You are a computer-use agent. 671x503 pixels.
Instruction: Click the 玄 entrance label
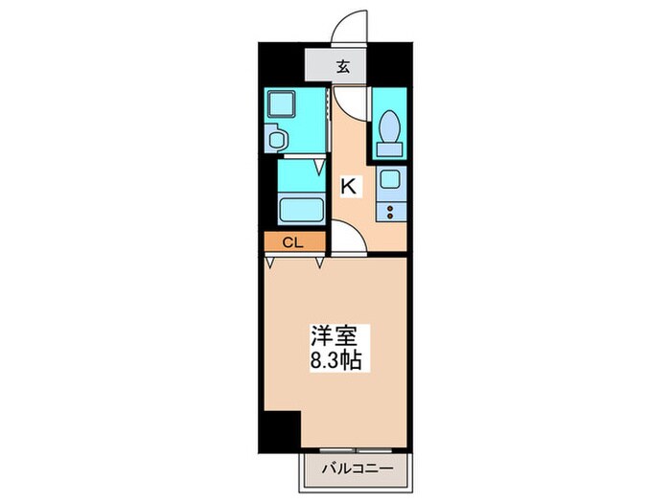pos(342,67)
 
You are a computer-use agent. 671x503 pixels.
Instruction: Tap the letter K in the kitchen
pos(349,187)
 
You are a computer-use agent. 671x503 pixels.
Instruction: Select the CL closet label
pos(292,242)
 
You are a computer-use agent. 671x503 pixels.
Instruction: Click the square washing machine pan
pos(282,104)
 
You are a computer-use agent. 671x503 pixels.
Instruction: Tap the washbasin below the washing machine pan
pos(277,140)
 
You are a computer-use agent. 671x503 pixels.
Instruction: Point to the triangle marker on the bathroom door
pos(321,170)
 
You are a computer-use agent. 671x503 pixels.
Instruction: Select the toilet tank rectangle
pos(390,148)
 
